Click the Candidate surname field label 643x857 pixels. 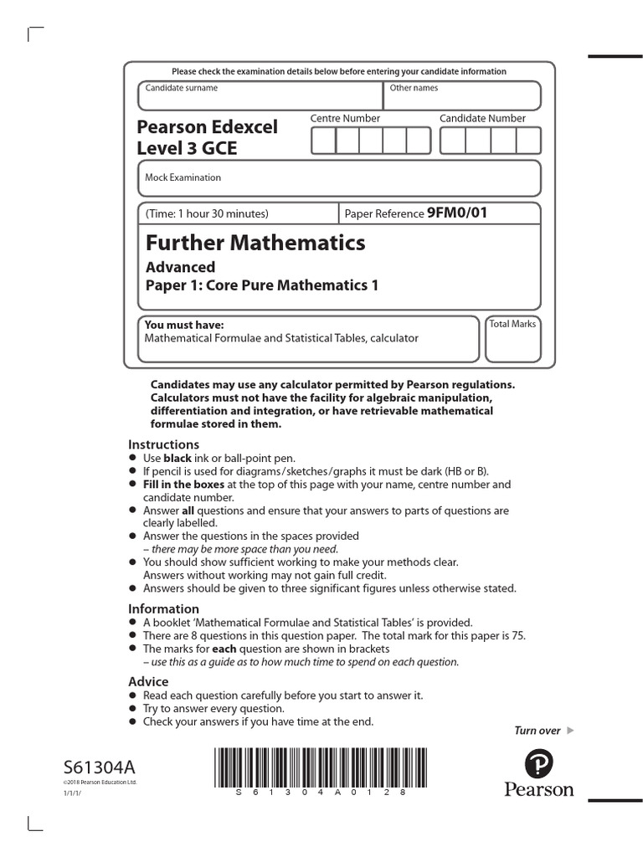[181, 88]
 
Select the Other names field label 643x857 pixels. [414, 88]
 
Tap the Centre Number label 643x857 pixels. [345, 119]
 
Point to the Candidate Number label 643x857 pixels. [482, 119]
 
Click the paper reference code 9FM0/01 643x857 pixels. [456, 213]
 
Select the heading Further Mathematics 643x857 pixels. [255, 243]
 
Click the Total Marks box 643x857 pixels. [512, 339]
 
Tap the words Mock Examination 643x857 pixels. [183, 177]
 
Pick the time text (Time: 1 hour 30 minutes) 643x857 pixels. [207, 214]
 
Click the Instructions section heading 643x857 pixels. [163, 444]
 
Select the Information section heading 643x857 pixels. [163, 608]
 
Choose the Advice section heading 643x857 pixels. [148, 681]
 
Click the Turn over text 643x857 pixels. [537, 731]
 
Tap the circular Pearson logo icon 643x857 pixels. [539, 763]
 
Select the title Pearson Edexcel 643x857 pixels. [207, 127]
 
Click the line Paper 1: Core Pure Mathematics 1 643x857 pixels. [262, 285]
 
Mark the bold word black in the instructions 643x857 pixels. [177, 459]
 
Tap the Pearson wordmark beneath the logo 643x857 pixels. [539, 789]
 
